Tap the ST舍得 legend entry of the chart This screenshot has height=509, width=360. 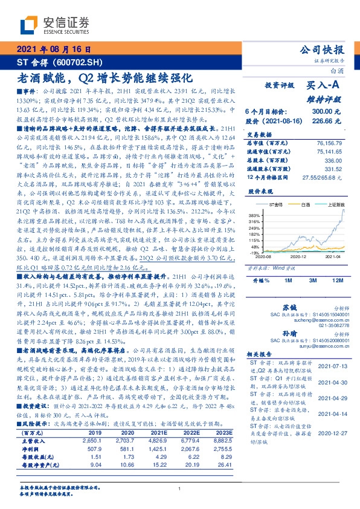click(x=275, y=206)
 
